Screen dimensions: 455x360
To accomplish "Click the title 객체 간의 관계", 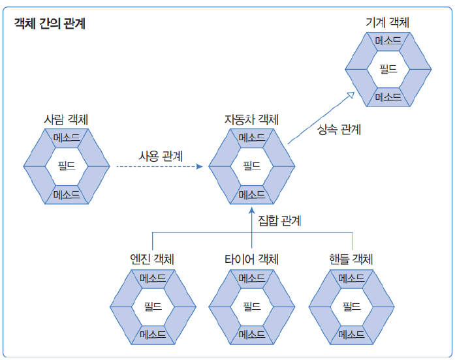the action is coord(50,24).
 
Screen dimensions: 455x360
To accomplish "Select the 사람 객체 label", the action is coord(66,119).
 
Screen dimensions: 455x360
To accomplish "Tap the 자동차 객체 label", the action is coord(251,119).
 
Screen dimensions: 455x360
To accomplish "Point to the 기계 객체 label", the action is coord(387,23).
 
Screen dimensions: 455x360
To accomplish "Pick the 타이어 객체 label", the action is coord(251,259).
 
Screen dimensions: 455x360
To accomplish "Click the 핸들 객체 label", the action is coord(351,259).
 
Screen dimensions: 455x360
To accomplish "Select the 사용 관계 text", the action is coord(161,157).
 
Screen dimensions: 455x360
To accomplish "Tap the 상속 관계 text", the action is coord(339,129).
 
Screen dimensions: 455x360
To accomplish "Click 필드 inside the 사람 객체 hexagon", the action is coord(66,166).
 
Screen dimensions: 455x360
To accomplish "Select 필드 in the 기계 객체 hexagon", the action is coord(388,68).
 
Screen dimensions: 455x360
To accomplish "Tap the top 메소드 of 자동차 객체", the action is coord(251,138).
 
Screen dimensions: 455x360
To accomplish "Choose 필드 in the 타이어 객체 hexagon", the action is coord(251,306).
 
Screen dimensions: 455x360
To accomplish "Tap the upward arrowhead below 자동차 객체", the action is coord(251,212).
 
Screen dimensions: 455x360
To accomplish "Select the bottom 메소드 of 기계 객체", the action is coord(388,97).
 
